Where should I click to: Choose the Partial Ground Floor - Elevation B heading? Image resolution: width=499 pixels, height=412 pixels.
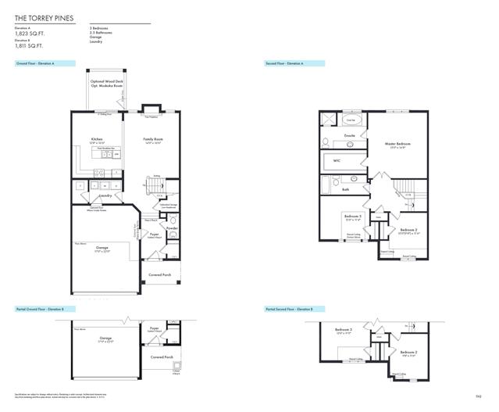coord(42,310)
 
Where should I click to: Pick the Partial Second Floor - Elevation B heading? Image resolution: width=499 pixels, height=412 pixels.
coord(289,310)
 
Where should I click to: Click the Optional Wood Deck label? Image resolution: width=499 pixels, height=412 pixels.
coord(109,81)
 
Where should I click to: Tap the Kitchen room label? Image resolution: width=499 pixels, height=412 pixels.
coord(97,139)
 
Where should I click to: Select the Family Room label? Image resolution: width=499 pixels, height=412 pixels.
coord(153,139)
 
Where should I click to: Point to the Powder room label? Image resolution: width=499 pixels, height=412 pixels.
coord(172,228)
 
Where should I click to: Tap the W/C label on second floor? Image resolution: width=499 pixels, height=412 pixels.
coord(337,160)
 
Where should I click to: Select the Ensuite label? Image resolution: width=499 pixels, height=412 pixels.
coord(349,135)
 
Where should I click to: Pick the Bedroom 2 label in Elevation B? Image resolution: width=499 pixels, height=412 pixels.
coord(408,353)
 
